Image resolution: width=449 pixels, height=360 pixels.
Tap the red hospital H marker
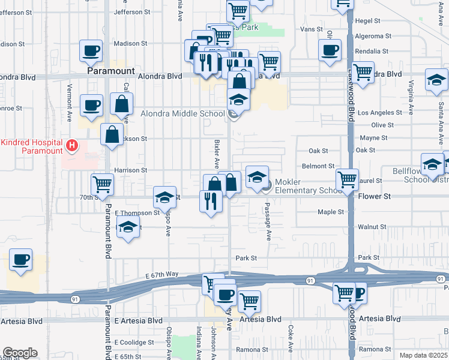click(x=72, y=145)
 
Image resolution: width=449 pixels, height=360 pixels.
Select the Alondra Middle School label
click(x=182, y=113)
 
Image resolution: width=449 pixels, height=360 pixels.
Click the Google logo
click(x=20, y=353)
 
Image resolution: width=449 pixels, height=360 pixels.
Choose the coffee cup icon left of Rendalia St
click(x=330, y=51)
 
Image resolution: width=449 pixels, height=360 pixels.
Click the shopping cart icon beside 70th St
click(x=103, y=184)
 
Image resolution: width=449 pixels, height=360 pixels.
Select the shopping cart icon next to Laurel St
click(x=347, y=179)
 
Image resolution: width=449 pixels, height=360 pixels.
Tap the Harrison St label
click(x=130, y=170)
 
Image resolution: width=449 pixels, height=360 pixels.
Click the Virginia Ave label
click(x=411, y=98)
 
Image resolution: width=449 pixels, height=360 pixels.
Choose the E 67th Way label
click(x=162, y=274)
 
